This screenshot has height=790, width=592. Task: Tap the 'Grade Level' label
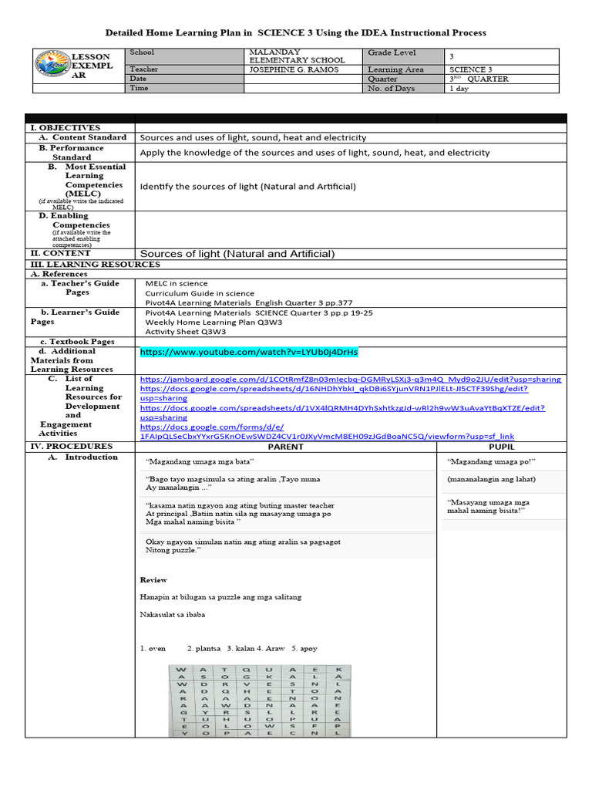click(x=392, y=53)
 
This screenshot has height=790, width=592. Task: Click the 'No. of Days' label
click(x=392, y=89)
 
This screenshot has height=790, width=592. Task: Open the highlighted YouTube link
click(x=249, y=352)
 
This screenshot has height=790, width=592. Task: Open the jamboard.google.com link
click(x=350, y=380)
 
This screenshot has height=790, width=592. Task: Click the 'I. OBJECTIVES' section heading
click(x=65, y=128)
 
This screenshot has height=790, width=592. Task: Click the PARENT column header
click(x=285, y=447)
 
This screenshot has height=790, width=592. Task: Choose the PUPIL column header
click(x=501, y=447)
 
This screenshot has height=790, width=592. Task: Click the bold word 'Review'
click(x=153, y=579)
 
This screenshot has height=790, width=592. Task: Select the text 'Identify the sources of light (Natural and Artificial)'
click(x=247, y=187)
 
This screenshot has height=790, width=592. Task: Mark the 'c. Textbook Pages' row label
click(x=77, y=342)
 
